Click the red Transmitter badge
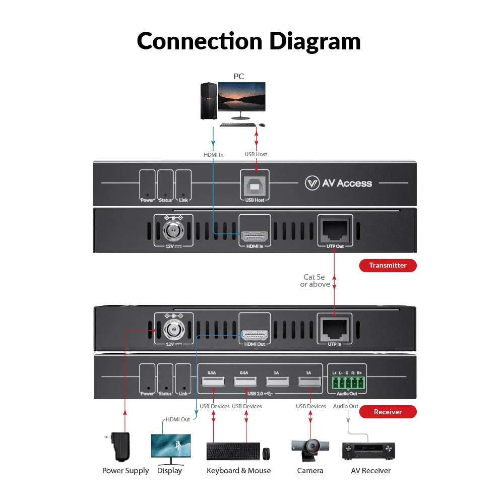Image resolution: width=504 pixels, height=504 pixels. [x=388, y=266]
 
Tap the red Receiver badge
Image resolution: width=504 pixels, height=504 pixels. [x=388, y=412]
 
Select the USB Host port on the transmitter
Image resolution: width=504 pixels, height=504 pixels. [x=255, y=186]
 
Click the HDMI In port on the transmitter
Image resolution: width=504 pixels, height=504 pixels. [x=255, y=235]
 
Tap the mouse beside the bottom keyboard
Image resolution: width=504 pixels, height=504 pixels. [x=266, y=453]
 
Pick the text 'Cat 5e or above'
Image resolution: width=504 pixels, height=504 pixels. [x=316, y=281]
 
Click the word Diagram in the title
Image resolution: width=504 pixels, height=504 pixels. [x=314, y=41]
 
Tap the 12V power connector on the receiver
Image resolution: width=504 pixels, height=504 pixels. [x=173, y=330]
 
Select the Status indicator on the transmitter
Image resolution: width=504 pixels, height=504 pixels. [x=165, y=185]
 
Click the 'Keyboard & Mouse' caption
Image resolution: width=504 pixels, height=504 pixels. [x=238, y=471]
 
